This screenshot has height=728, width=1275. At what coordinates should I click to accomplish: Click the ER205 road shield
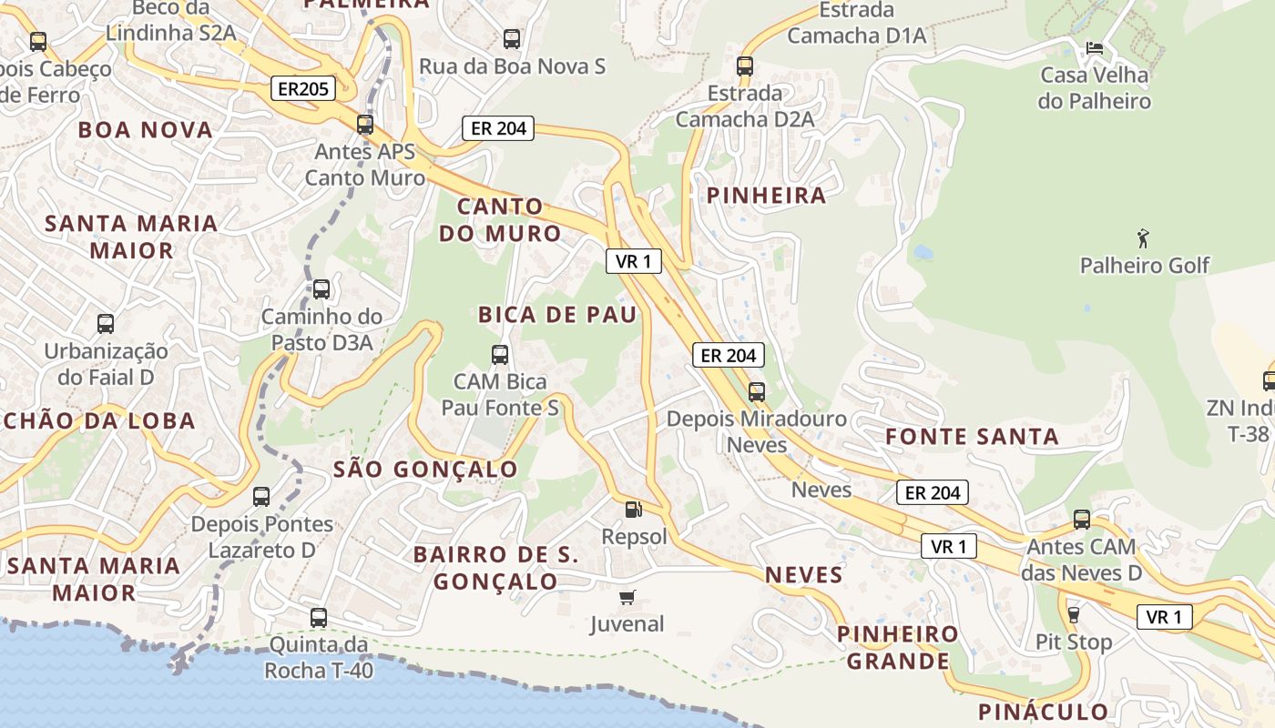tap(303, 88)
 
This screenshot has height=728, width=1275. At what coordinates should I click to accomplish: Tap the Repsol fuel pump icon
tap(633, 511)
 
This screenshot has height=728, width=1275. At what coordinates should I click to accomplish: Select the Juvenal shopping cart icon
tap(627, 598)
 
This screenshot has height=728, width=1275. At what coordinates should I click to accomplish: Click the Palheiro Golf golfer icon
tap(1144, 239)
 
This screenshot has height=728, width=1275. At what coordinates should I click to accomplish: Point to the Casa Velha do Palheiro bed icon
tap(1095, 47)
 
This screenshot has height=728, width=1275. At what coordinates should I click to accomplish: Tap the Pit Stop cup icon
tap(1073, 615)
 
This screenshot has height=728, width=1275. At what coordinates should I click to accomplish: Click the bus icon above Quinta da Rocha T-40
tap(319, 617)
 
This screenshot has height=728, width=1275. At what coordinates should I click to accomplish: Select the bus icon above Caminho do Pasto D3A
tap(321, 289)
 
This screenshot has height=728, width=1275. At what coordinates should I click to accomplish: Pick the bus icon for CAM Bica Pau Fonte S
tap(500, 355)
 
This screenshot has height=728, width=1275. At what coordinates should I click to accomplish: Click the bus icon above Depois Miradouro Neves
tap(757, 392)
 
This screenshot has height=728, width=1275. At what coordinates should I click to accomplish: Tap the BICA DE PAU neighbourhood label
tap(556, 315)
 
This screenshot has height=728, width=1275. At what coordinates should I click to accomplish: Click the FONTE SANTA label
tap(972, 437)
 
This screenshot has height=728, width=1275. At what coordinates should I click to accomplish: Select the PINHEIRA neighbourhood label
tap(766, 195)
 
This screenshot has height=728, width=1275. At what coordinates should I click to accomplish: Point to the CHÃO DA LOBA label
tap(98, 420)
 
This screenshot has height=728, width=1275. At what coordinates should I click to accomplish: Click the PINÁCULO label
tap(1043, 711)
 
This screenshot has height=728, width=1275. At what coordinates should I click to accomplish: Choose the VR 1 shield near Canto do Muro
tap(633, 262)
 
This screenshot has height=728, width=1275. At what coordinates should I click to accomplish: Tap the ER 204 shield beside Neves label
tap(933, 493)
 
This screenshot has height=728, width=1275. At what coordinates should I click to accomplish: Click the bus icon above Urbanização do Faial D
tap(106, 323)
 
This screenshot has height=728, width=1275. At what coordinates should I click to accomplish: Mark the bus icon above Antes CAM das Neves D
tap(1082, 520)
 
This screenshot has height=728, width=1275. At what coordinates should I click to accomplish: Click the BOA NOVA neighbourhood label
tap(146, 129)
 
